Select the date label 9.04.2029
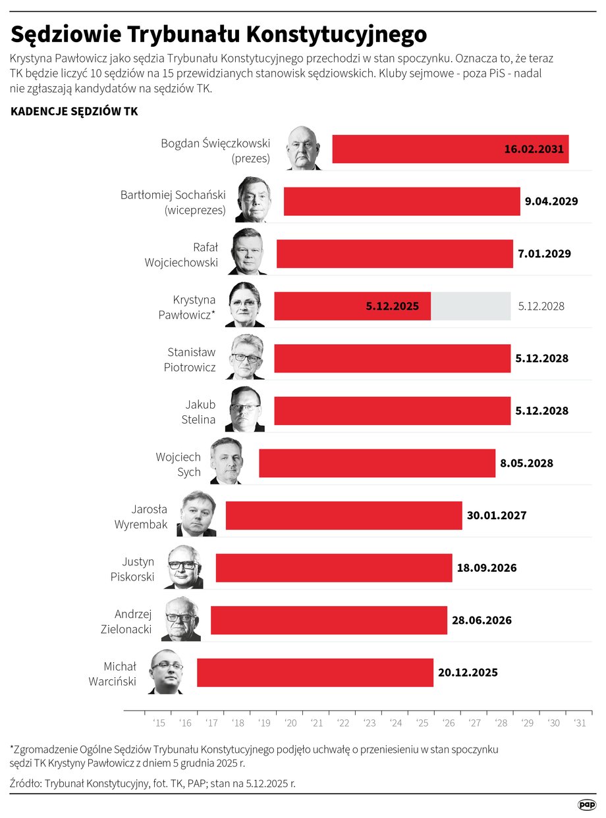(551, 201)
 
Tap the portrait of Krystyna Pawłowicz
(245, 305)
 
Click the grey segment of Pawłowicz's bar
(470, 306)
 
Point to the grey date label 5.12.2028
(541, 307)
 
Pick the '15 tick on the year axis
(159, 723)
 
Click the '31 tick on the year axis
(580, 723)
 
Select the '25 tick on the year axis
(422, 723)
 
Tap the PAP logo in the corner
(586, 804)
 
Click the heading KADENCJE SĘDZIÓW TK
(74, 112)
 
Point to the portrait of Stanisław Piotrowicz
(245, 357)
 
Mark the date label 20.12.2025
(468, 673)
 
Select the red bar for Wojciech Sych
(377, 463)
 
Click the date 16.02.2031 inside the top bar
(534, 149)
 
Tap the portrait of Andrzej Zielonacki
(181, 619)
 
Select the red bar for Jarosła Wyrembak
(344, 515)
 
